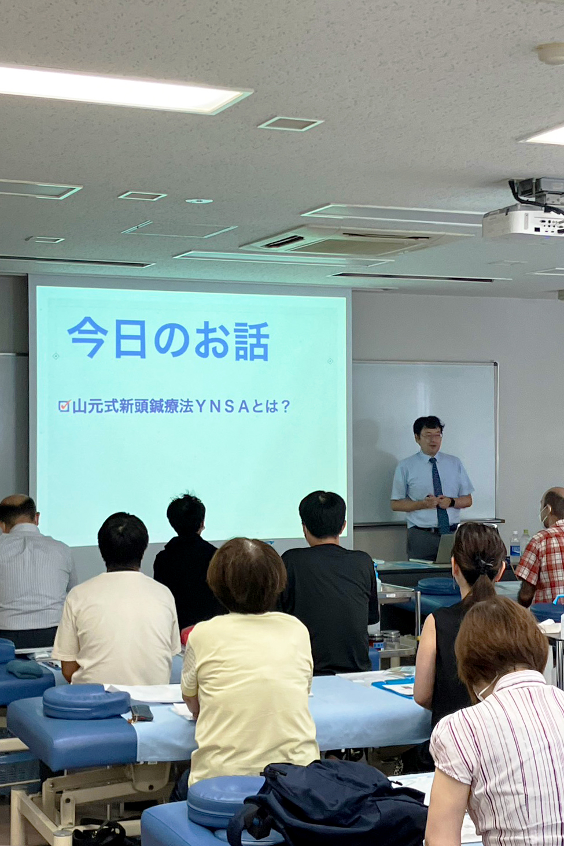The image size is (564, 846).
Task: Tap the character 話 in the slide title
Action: point(252,342)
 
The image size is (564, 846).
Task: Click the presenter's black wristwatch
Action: point(452,503)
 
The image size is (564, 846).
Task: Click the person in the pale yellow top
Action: point(249,665)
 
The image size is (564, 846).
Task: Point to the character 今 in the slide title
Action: point(87,337)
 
